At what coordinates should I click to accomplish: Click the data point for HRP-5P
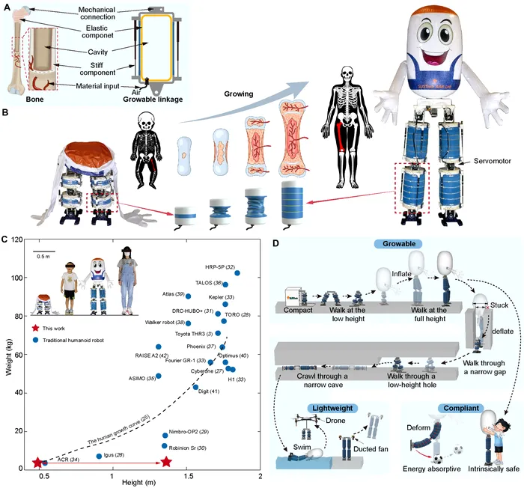tap(237, 272)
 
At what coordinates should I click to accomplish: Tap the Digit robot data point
tap(196, 387)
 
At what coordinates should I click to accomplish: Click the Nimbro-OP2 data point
tap(165, 435)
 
